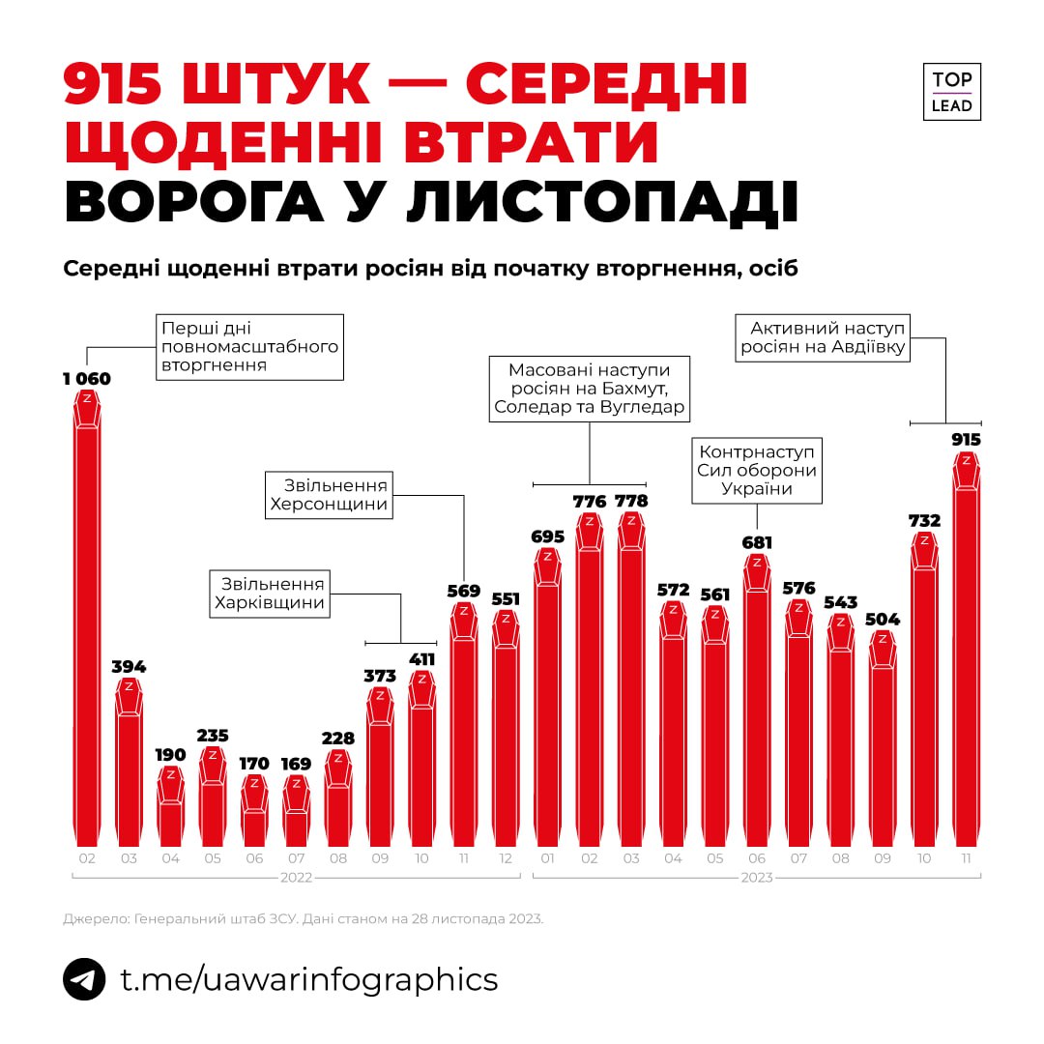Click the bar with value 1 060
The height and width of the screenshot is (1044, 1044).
click(x=87, y=619)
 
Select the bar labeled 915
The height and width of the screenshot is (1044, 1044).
click(x=966, y=657)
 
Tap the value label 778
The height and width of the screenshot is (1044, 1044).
click(x=631, y=502)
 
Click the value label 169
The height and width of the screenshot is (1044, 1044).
click(x=297, y=764)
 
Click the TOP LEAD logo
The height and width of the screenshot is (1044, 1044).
click(x=951, y=92)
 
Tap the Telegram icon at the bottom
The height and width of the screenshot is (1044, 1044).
click(x=84, y=979)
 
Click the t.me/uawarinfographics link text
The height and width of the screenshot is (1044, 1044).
click(x=308, y=979)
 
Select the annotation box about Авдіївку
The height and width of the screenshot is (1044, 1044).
click(x=825, y=337)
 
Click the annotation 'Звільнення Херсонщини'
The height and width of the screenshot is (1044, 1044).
click(x=329, y=495)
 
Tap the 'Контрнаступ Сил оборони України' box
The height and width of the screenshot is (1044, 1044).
click(x=757, y=469)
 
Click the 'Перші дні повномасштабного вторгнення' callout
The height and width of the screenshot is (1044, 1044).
click(x=249, y=346)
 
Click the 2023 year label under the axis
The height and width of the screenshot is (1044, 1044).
click(x=757, y=878)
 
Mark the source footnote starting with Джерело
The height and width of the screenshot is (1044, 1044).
click(x=304, y=918)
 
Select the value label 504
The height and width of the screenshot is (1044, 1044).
click(x=882, y=619)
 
